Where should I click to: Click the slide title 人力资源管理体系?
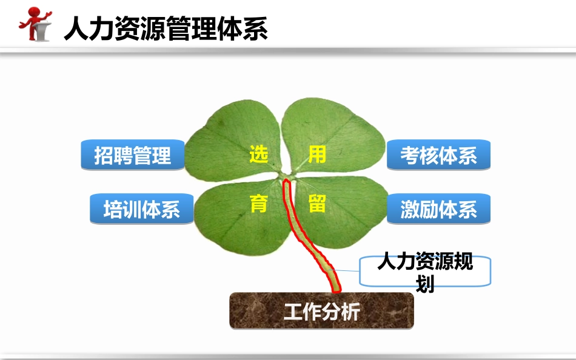pyautogui.click(x=166, y=28)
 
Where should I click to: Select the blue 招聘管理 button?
pyautogui.click(x=133, y=156)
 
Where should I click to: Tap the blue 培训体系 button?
pyautogui.click(x=142, y=210)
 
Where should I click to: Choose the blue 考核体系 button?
pyautogui.click(x=438, y=156)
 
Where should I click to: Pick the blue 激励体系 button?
pyautogui.click(x=438, y=210)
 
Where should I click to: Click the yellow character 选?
pyautogui.click(x=258, y=155)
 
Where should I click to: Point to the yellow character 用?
pyautogui.click(x=317, y=155)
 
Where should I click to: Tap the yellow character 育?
pyautogui.click(x=258, y=204)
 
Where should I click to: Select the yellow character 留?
pyautogui.click(x=317, y=204)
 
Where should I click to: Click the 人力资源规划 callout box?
pyautogui.click(x=425, y=271)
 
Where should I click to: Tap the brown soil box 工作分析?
pyautogui.click(x=321, y=312)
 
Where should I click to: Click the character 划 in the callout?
pyautogui.click(x=425, y=283)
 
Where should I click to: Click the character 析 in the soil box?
pyautogui.click(x=350, y=312)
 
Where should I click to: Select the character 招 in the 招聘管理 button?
pyautogui.click(x=104, y=156)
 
